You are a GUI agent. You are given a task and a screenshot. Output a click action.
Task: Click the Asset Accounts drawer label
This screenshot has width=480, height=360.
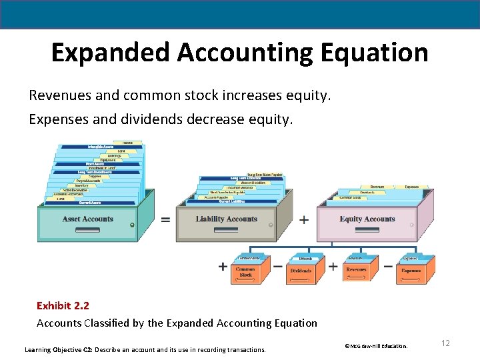(88, 219)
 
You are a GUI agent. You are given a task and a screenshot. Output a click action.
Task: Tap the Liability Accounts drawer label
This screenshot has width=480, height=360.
(227, 219)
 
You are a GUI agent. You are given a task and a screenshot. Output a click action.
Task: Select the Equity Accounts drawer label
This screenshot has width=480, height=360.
(367, 219)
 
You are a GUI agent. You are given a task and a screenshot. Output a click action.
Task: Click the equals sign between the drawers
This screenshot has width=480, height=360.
(165, 219)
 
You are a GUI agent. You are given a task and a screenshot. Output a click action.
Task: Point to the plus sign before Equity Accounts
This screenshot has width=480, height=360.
(305, 219)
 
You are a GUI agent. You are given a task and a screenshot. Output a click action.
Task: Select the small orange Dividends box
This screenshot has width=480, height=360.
(301, 271)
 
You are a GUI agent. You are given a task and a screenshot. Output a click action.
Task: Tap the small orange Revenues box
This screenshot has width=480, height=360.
(356, 271)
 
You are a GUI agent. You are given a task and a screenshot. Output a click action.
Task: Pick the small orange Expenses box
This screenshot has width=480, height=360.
(411, 271)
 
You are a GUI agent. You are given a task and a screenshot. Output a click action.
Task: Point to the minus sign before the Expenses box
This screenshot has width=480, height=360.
(388, 266)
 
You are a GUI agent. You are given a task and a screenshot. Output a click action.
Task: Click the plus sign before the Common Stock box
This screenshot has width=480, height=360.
(223, 267)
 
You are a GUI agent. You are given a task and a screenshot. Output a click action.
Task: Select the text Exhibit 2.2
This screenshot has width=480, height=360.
(63, 305)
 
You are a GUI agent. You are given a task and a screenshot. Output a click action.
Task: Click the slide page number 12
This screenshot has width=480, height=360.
(445, 343)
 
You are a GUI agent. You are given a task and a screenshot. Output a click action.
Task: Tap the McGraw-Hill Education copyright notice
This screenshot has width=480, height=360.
(375, 346)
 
